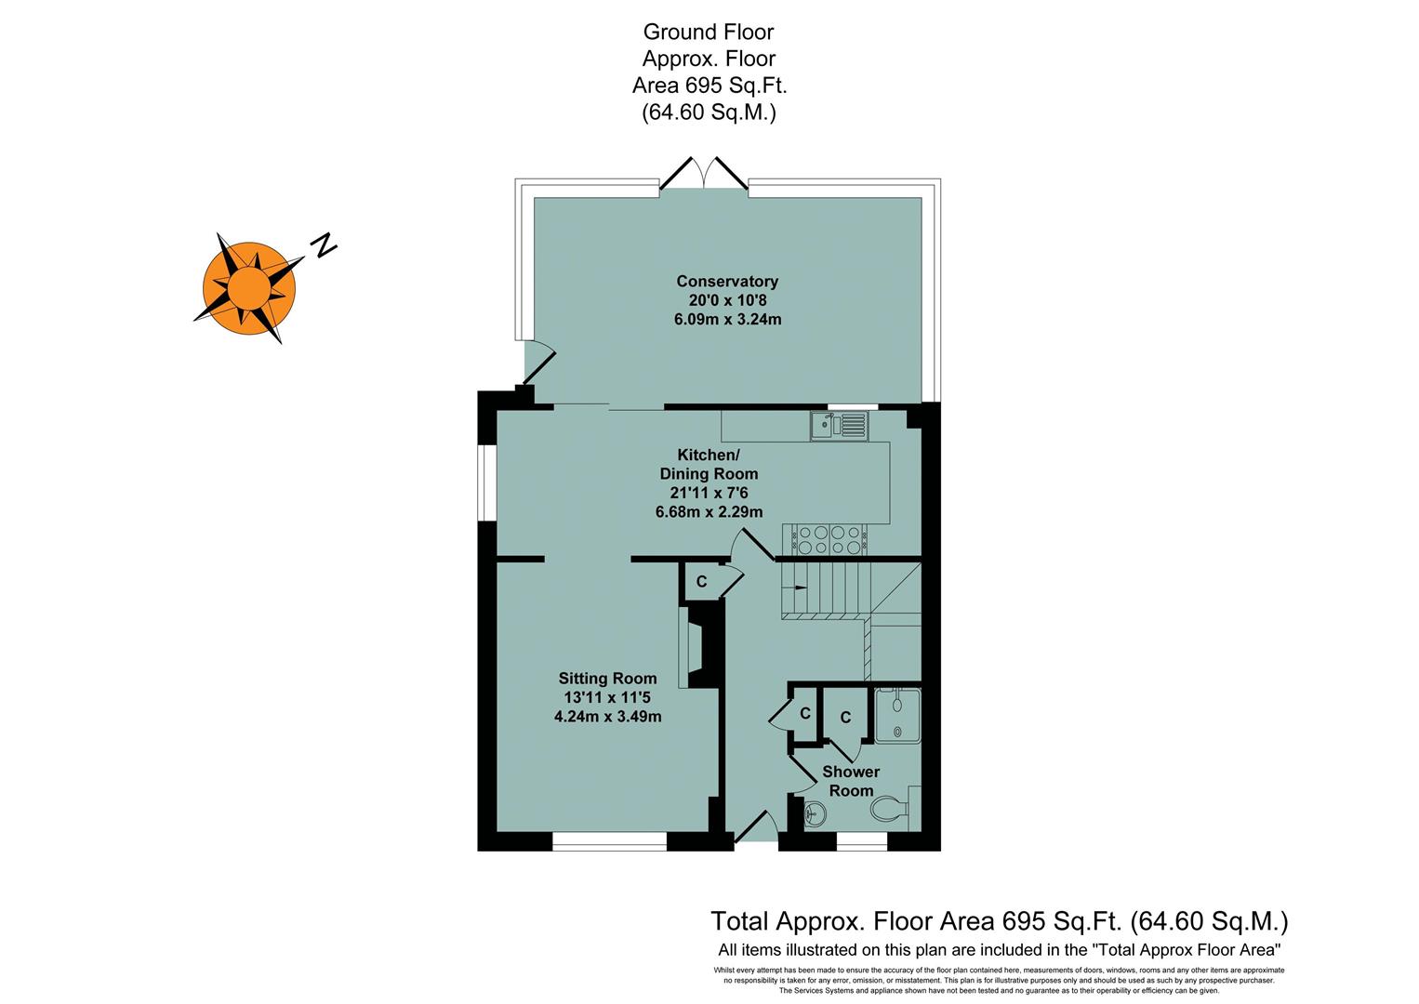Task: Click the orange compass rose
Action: pyautogui.click(x=248, y=287)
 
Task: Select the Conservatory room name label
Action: pyautogui.click(x=726, y=281)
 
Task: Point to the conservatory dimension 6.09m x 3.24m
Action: pyautogui.click(x=726, y=320)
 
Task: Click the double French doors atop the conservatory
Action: pyautogui.click(x=704, y=176)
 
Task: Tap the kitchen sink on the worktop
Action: pyautogui.click(x=838, y=426)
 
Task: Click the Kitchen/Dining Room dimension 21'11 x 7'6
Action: pyautogui.click(x=708, y=493)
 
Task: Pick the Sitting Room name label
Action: pyautogui.click(x=607, y=679)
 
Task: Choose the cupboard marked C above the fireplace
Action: pyautogui.click(x=701, y=582)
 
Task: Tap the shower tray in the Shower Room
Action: pyautogui.click(x=896, y=715)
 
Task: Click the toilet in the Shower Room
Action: pyautogui.click(x=891, y=810)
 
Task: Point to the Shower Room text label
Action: pyautogui.click(x=851, y=781)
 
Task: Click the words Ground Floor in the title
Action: pyautogui.click(x=708, y=32)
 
